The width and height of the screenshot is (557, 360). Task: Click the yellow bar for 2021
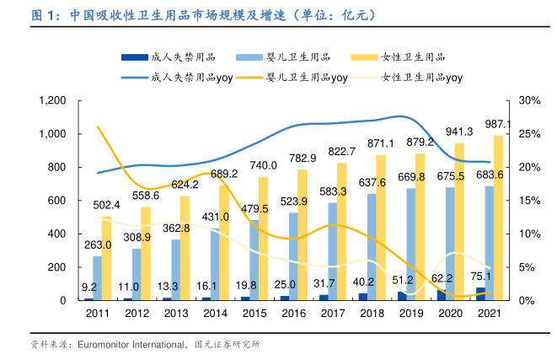click(498, 218)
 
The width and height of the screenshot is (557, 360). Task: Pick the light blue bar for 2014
click(215, 264)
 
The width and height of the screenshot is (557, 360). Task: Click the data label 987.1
click(498, 124)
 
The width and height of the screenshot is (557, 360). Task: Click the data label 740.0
click(263, 164)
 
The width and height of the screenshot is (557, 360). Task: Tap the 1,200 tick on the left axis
click(52, 100)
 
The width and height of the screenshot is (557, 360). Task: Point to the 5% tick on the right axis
click(527, 267)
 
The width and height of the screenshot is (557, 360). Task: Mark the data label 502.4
click(106, 205)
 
